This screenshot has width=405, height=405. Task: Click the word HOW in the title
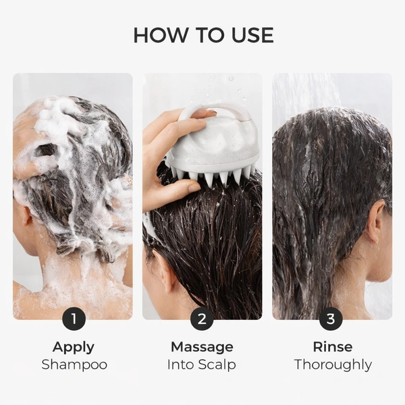point(160,35)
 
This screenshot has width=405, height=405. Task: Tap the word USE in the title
point(252,35)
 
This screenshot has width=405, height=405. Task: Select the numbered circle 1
point(74,319)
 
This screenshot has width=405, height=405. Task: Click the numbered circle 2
point(202,319)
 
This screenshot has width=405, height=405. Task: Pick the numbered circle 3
point(331,319)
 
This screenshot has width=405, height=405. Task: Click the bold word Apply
point(74,348)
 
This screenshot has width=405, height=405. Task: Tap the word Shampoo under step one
point(74,364)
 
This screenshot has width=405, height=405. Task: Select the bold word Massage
point(202,348)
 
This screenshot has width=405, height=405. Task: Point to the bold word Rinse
point(332,347)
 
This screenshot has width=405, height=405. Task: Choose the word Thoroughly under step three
point(333,365)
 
